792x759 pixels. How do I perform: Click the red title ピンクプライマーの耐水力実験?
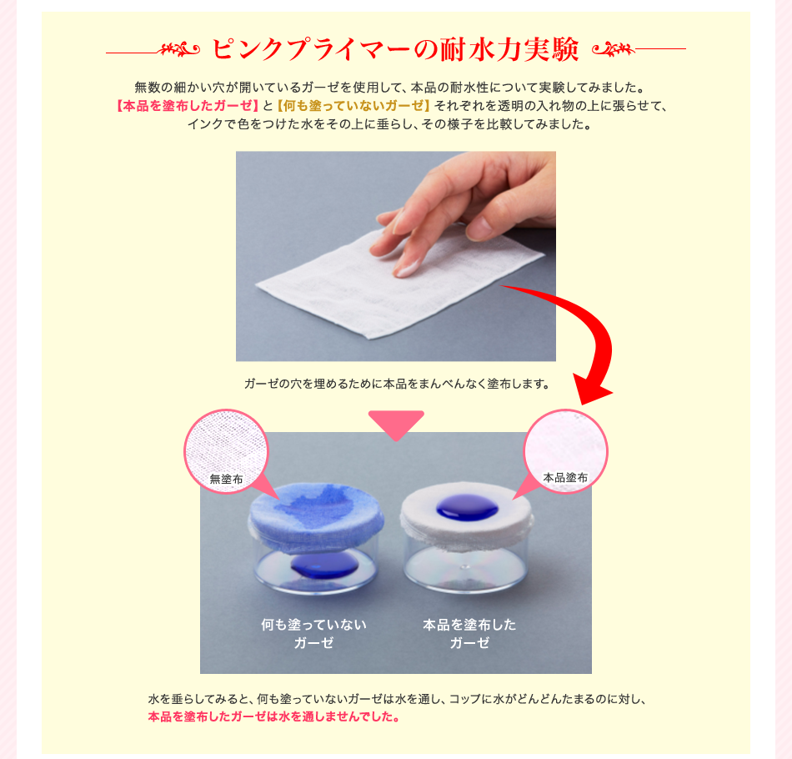pyautogui.click(x=395, y=49)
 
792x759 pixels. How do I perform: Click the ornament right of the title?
pyautogui.click(x=615, y=50)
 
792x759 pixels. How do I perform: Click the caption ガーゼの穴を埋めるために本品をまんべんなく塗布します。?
pyautogui.click(x=397, y=385)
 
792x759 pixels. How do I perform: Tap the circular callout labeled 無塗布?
pyautogui.click(x=226, y=450)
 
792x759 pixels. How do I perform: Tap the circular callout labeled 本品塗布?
pyautogui.click(x=565, y=450)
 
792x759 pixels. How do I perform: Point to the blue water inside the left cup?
pyautogui.click(x=325, y=568)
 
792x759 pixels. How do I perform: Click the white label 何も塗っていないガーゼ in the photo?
pyautogui.click(x=313, y=633)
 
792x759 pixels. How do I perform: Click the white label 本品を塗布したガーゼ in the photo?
pyautogui.click(x=469, y=633)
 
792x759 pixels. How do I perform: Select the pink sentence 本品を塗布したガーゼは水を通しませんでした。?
pyautogui.click(x=273, y=716)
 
